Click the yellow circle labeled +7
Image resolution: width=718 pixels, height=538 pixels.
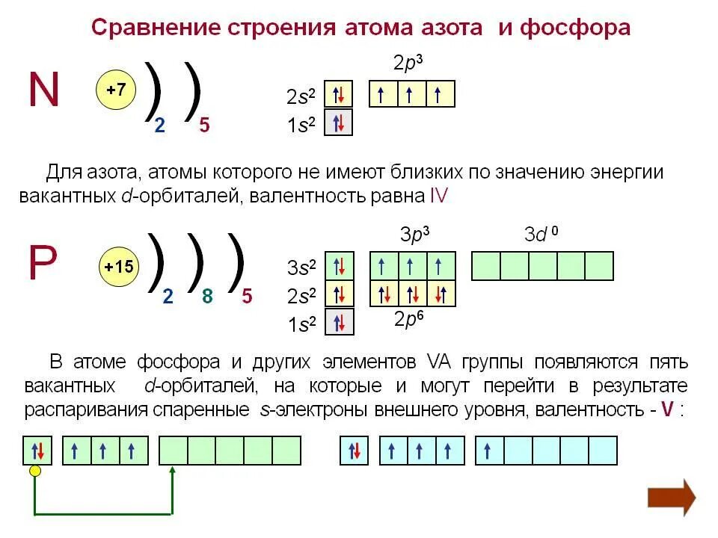point(116,90)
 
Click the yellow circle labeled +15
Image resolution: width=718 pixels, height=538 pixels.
point(119,267)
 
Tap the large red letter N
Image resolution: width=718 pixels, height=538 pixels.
point(43,90)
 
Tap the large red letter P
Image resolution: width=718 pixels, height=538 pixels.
point(42,264)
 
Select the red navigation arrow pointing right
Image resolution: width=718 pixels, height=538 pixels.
point(671,496)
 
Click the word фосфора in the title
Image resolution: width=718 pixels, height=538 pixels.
point(575,28)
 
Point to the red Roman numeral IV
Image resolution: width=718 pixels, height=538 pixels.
point(438,196)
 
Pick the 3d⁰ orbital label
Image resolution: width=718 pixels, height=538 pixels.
point(541,235)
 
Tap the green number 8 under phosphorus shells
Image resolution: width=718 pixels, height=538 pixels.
point(207,297)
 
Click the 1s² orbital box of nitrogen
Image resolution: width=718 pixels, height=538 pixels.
point(338,123)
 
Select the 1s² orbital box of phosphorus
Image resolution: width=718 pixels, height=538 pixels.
point(339,322)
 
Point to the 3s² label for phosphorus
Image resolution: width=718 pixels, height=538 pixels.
point(302,267)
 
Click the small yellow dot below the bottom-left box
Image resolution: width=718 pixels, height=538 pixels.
point(34,470)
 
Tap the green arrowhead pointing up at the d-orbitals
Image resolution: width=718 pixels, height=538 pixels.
point(173,471)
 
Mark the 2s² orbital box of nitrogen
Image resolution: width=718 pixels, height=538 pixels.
point(338,95)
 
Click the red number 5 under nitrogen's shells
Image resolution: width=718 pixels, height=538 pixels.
point(204,126)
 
